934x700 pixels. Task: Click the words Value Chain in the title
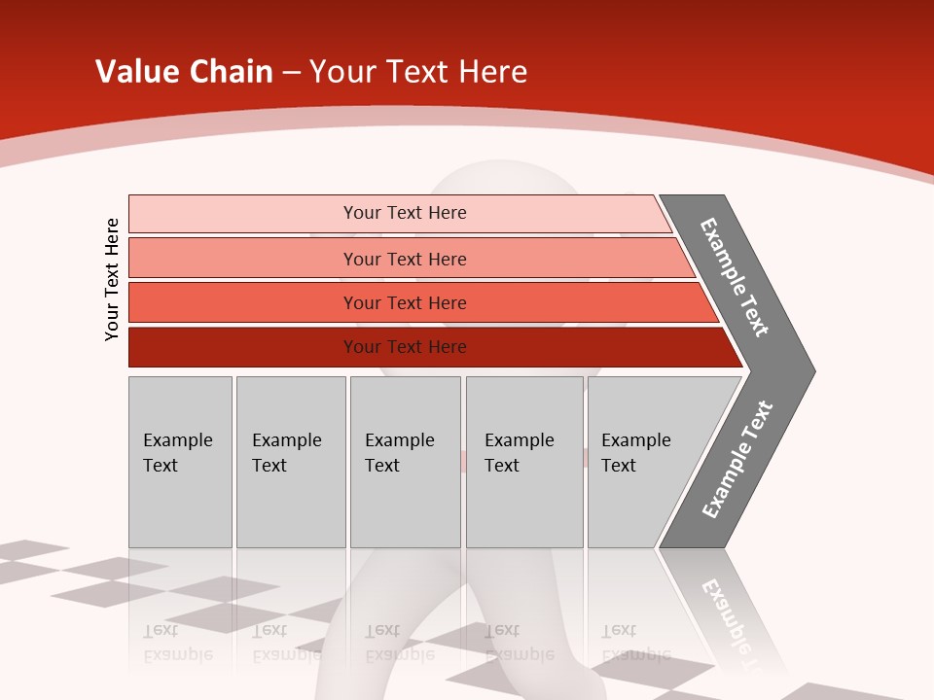(x=184, y=72)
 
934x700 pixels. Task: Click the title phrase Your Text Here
(x=418, y=72)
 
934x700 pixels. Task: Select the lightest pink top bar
(x=243, y=213)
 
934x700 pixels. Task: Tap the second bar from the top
(x=243, y=259)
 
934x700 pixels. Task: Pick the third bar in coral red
(x=243, y=302)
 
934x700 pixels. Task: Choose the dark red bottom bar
(x=243, y=347)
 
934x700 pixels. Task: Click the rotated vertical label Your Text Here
(x=112, y=279)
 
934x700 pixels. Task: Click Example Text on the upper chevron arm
(x=735, y=277)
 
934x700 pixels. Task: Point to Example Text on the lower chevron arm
(x=737, y=460)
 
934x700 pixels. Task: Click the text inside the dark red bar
(x=405, y=347)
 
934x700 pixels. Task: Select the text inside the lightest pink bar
(x=405, y=213)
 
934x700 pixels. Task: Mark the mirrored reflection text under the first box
(x=177, y=643)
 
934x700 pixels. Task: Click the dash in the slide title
(x=291, y=73)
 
